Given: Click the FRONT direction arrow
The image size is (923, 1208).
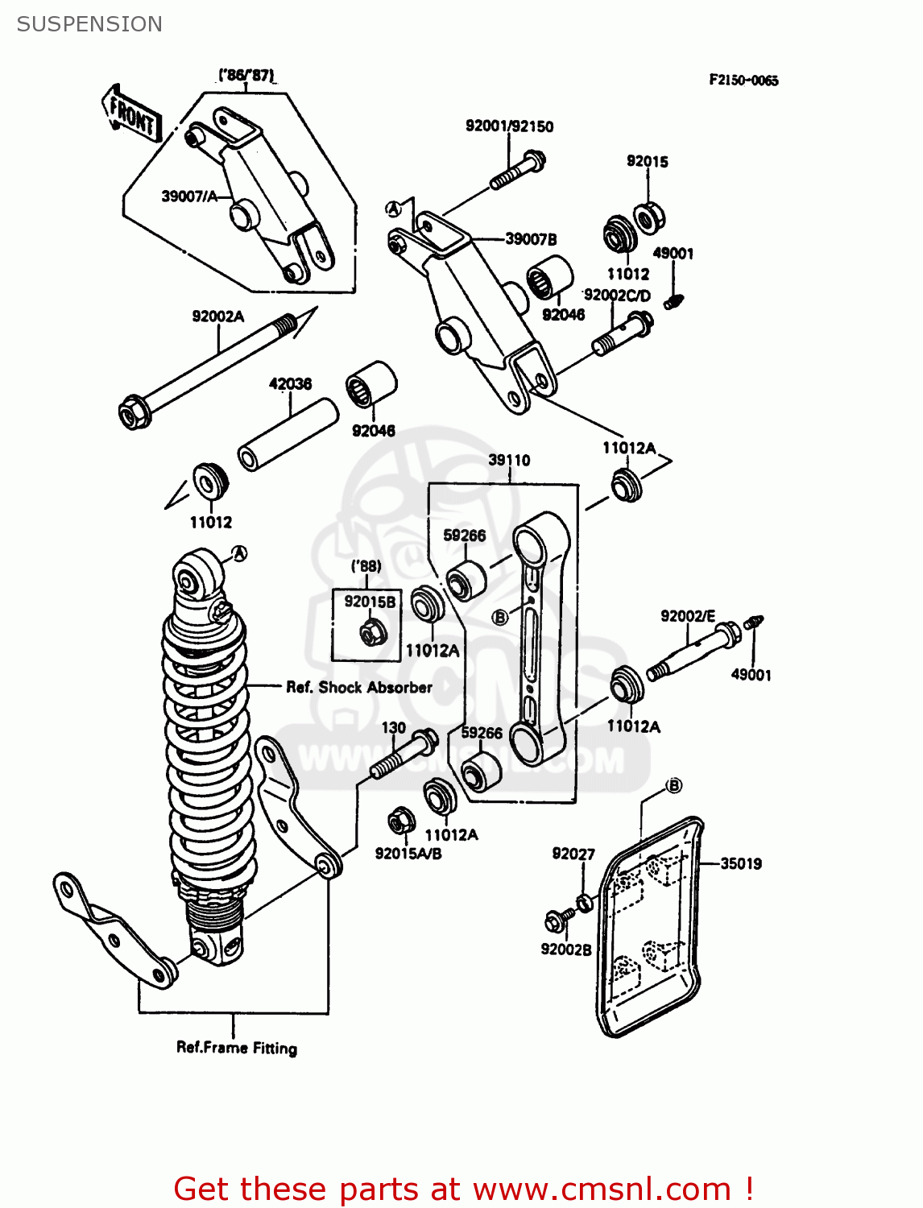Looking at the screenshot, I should (x=132, y=114).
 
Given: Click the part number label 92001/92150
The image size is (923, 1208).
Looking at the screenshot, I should (x=509, y=126).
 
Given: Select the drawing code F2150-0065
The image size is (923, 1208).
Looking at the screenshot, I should (x=743, y=80).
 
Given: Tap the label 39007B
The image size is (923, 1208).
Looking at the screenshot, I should (x=531, y=239).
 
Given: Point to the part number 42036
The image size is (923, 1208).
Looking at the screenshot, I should (x=290, y=384).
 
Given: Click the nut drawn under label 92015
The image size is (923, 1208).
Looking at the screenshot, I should (x=648, y=217).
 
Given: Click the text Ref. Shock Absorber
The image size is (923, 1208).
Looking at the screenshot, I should (x=359, y=687).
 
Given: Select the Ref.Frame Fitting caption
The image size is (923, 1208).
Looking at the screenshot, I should (x=237, y=1048).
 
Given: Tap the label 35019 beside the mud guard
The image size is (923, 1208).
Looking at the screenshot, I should (x=740, y=863).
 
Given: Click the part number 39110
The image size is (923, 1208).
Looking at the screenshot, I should (x=509, y=460).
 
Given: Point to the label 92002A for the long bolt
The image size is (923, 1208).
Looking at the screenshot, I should (x=217, y=316).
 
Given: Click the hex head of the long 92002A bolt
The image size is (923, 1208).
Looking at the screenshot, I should (x=134, y=414).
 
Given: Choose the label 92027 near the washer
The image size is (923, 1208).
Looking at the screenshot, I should (x=573, y=854).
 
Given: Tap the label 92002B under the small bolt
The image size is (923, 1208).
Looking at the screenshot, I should (x=565, y=949).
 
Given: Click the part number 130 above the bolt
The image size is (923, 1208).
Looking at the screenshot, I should (x=393, y=727).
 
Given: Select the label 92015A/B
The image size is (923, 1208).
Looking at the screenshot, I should (x=408, y=854).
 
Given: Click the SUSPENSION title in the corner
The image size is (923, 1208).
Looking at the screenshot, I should (x=89, y=24).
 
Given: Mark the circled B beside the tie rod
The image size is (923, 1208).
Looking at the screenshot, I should (x=500, y=618).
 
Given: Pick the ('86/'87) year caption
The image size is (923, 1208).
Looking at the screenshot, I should (x=246, y=76).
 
